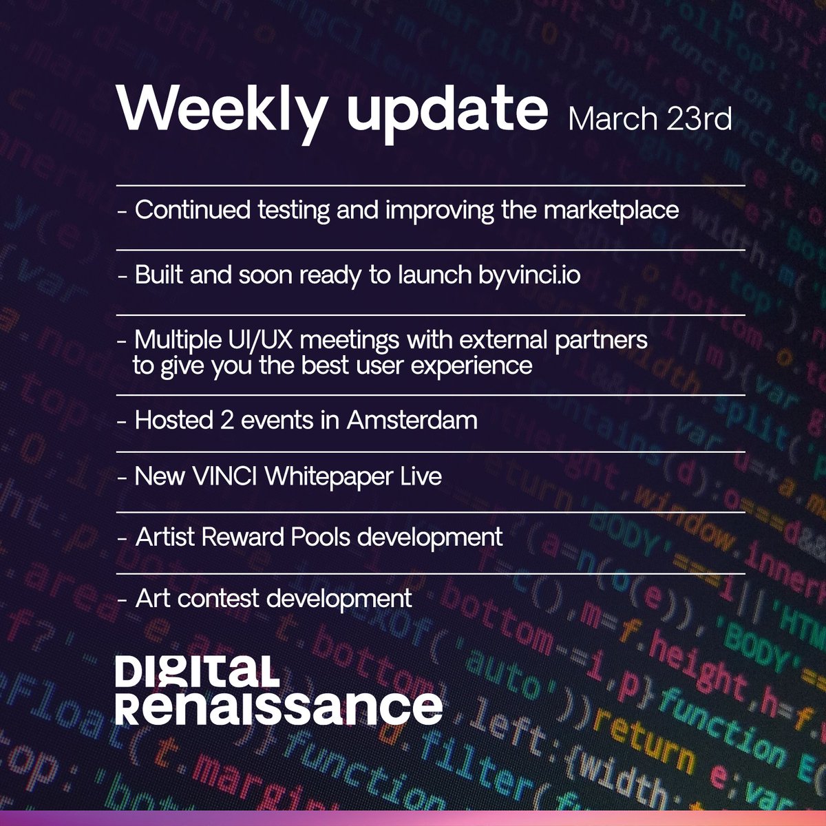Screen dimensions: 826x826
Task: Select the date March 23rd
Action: tap(650, 119)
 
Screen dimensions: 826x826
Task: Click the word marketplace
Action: tap(611, 210)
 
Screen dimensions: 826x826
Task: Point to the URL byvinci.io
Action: tap(529, 275)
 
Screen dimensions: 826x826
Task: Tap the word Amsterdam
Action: tap(412, 419)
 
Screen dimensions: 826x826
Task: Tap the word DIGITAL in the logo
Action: tap(197, 671)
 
